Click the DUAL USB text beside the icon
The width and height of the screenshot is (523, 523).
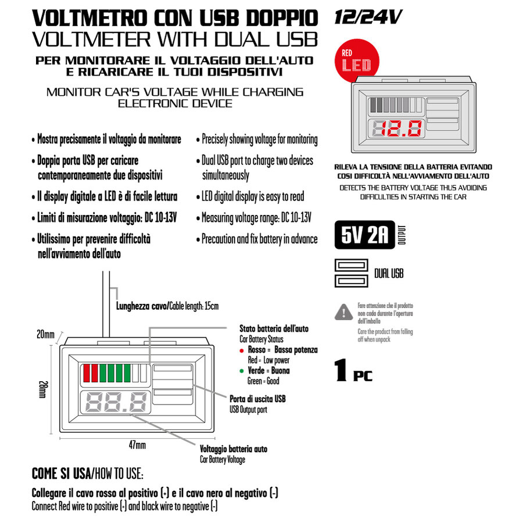[x=389, y=273]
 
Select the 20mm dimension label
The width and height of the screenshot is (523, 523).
[x=45, y=334]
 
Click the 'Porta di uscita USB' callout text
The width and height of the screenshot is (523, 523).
[x=257, y=399]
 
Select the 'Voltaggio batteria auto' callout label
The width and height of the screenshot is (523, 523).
[x=233, y=449]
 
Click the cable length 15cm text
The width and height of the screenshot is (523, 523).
[x=167, y=306]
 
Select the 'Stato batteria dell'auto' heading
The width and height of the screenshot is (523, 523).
[x=274, y=329]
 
